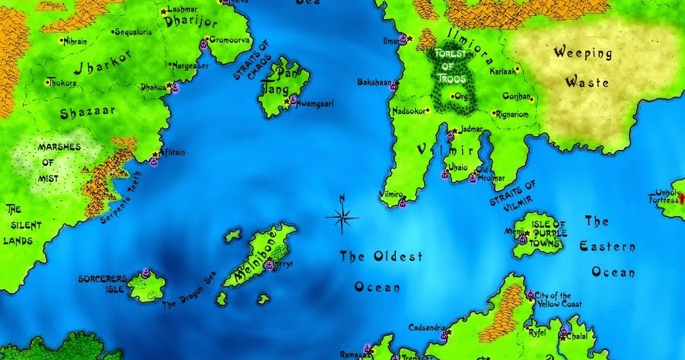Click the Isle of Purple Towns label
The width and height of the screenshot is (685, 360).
coord(550,234)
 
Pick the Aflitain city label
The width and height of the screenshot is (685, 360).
coord(173,152)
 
